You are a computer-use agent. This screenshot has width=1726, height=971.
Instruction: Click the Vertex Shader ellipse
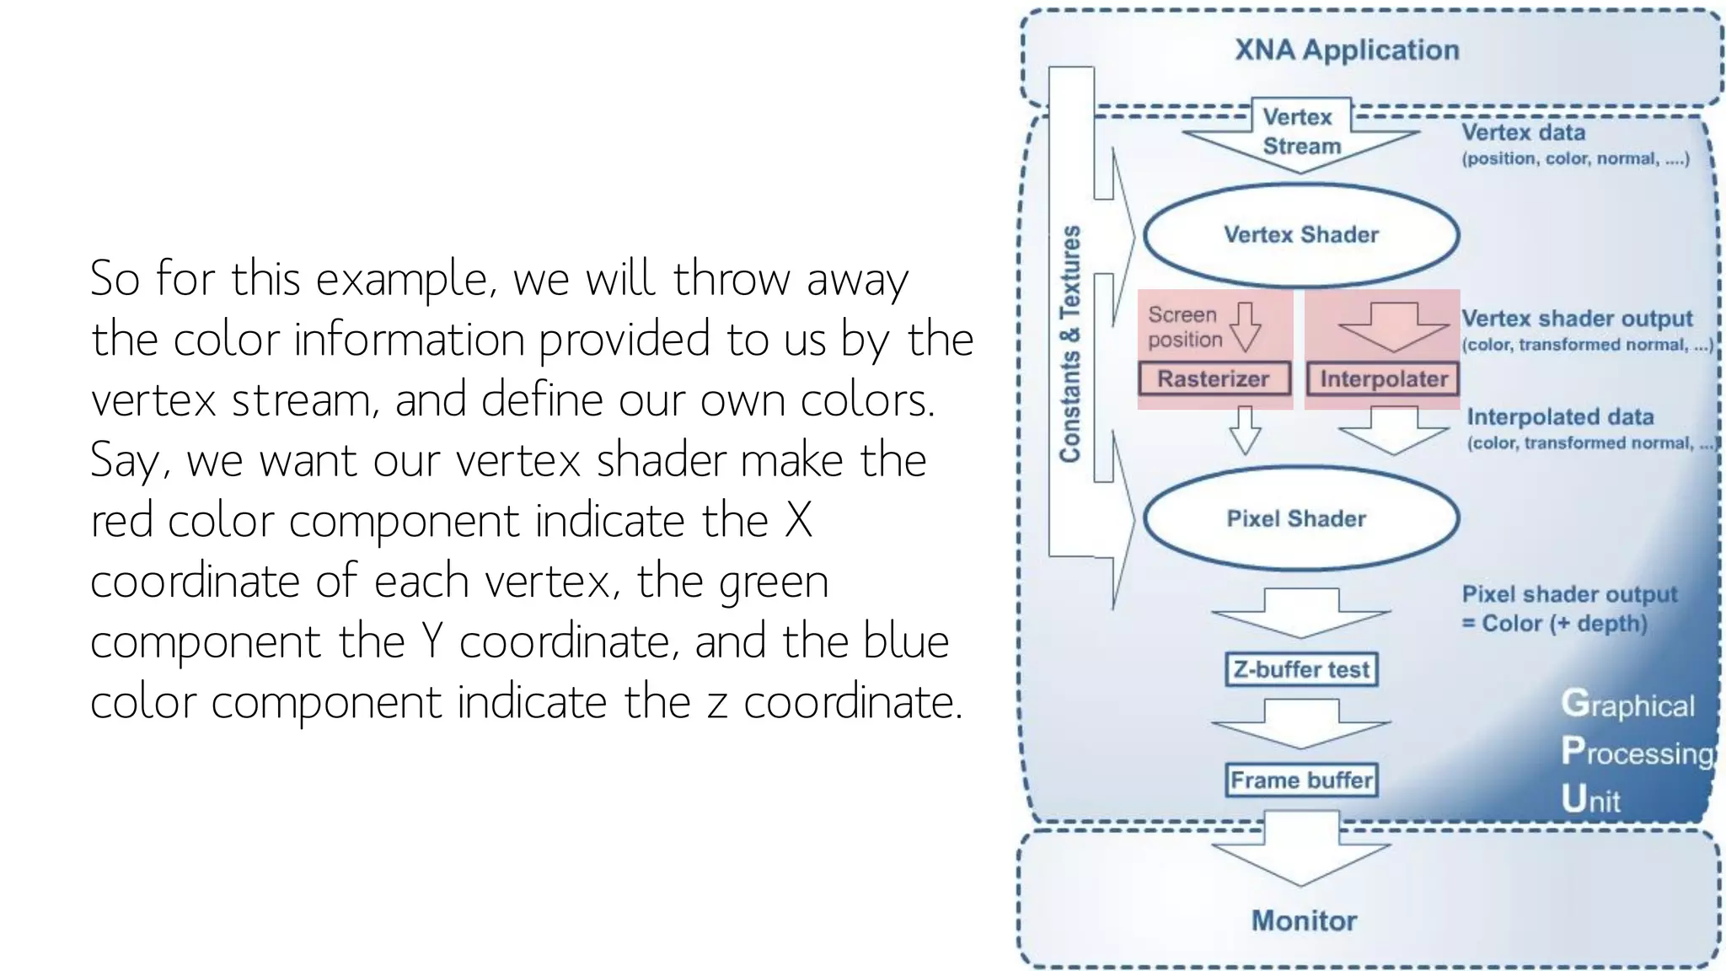tap(1300, 234)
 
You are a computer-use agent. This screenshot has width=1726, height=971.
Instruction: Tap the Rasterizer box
tap(1214, 379)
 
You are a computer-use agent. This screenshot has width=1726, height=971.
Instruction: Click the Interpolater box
tap(1383, 379)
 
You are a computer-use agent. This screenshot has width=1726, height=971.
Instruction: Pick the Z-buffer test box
tap(1301, 669)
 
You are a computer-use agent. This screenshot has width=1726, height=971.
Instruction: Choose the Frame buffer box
tap(1301, 780)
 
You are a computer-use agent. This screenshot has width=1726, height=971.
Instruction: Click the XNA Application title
tap(1347, 50)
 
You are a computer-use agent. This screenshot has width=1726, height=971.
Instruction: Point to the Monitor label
tap(1304, 920)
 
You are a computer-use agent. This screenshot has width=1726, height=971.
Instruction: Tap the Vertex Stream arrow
tap(1300, 135)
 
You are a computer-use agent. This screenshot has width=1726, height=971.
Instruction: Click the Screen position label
tap(1184, 327)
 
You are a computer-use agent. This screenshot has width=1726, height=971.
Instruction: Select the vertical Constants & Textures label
tap(1070, 344)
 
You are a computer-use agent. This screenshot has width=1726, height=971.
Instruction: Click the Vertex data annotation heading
tap(1523, 132)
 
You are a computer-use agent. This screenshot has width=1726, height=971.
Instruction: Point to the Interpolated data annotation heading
tap(1560, 416)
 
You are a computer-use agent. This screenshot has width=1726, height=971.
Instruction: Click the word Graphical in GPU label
tap(1627, 705)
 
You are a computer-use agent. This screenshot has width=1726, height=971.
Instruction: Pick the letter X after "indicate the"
tap(798, 521)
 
